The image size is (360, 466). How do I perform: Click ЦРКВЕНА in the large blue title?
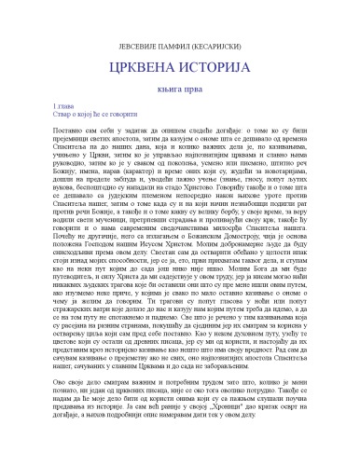point(139,47)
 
